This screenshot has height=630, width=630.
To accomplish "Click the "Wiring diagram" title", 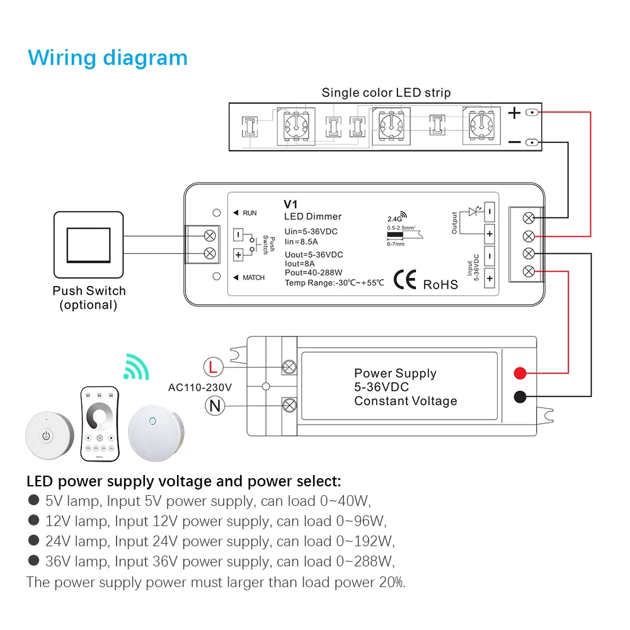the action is click(x=108, y=58).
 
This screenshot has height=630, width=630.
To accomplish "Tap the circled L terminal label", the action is click(x=213, y=367).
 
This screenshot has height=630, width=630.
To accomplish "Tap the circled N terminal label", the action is click(x=215, y=405).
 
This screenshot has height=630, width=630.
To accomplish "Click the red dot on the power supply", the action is click(x=520, y=373).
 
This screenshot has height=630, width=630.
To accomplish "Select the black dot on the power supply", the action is click(x=520, y=397).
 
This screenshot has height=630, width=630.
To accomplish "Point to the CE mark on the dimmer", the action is click(x=404, y=280).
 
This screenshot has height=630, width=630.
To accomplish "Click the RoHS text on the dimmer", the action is click(x=440, y=285).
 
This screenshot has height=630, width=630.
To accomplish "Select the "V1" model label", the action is click(x=290, y=204).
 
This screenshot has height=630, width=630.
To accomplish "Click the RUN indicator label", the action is click(x=249, y=213).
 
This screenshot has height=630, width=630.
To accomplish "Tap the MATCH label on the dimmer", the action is click(x=253, y=278).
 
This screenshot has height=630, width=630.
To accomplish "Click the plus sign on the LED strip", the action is click(x=514, y=113).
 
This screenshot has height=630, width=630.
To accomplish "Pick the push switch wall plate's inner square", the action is click(x=88, y=245).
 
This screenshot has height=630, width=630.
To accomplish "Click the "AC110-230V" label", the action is click(x=200, y=387).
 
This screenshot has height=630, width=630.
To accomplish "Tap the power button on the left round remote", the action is click(x=47, y=435).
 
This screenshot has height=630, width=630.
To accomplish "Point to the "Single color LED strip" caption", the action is click(x=386, y=93).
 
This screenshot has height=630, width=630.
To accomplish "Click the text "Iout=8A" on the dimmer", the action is click(x=300, y=263).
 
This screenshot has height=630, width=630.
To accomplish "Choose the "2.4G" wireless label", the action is click(x=394, y=219).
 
